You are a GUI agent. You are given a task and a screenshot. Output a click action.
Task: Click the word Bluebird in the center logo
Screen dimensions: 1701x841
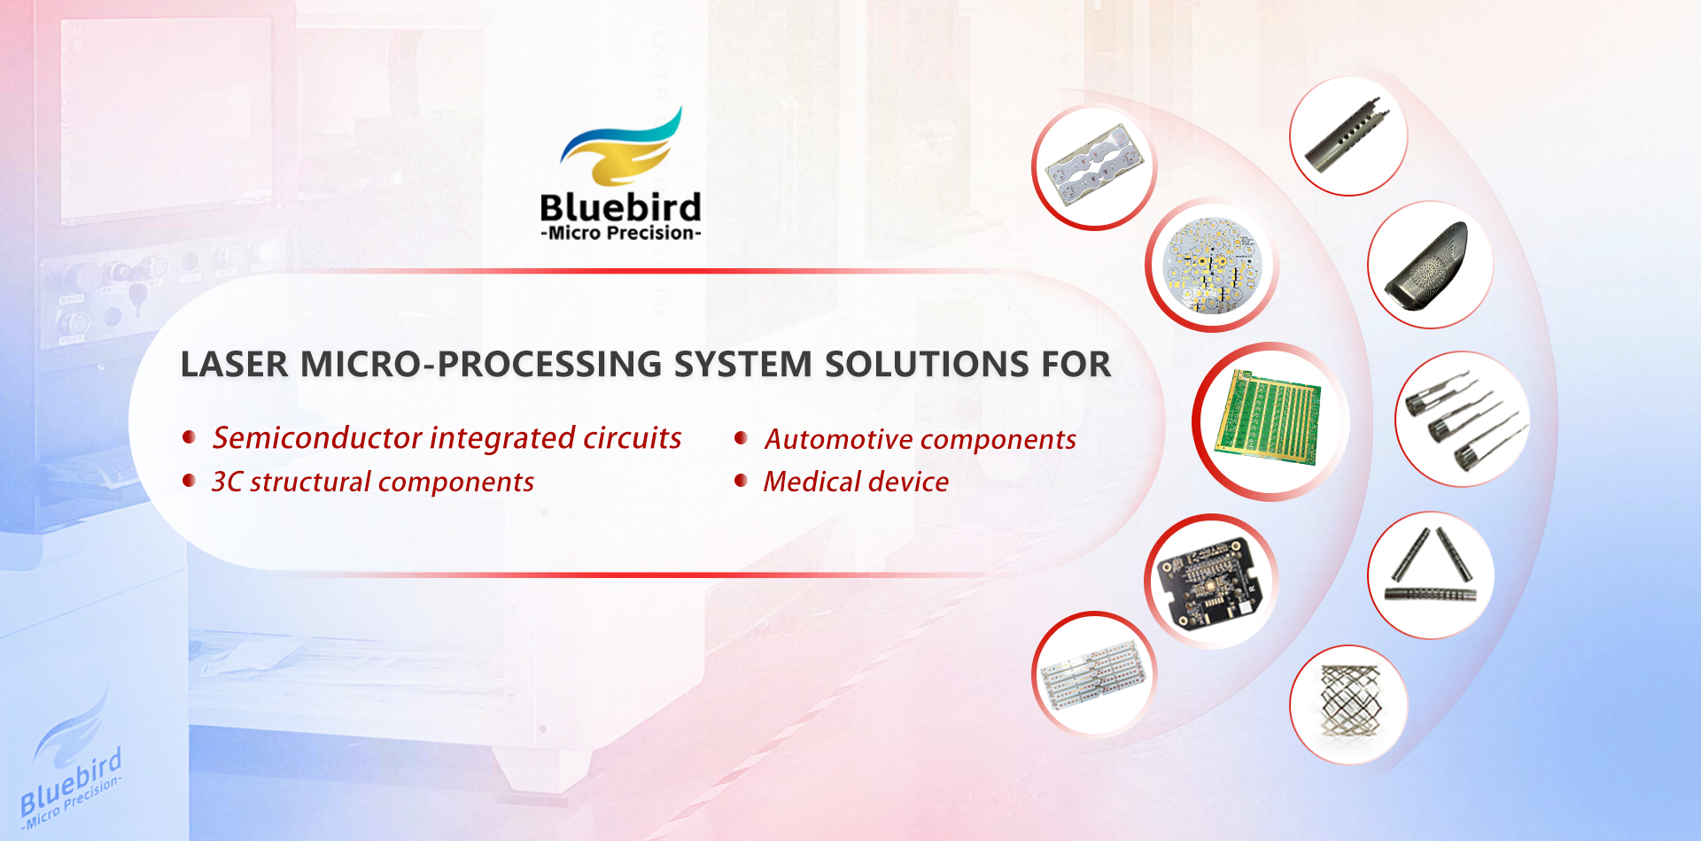[620, 207]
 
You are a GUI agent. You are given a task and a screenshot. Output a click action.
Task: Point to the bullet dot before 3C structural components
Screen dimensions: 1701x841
[189, 481]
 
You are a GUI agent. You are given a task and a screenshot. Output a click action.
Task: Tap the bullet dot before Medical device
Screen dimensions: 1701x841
[742, 481]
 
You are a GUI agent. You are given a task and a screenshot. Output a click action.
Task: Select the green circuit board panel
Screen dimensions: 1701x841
[1270, 417]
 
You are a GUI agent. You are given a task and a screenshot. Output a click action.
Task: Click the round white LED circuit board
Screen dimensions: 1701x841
[1210, 266]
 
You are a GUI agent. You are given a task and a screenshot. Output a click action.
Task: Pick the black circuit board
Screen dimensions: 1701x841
[1210, 581]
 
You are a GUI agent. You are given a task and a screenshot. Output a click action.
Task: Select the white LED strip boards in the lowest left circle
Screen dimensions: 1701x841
[1095, 675]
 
